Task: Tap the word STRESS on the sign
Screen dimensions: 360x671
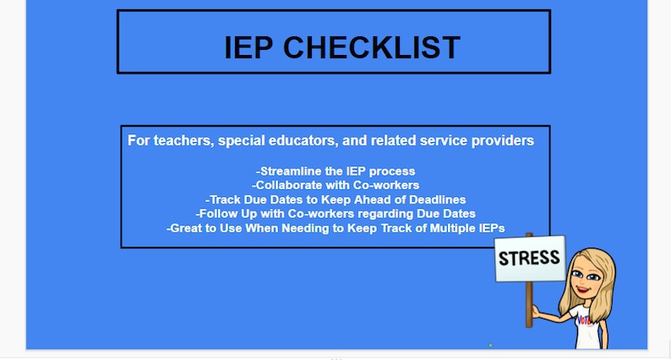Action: coord(529,258)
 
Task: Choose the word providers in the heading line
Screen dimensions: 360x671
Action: coord(504,140)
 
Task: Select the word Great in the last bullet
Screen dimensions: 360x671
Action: coord(187,228)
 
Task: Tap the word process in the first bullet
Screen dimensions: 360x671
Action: coord(392,172)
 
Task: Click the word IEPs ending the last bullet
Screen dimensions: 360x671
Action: coord(488,228)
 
